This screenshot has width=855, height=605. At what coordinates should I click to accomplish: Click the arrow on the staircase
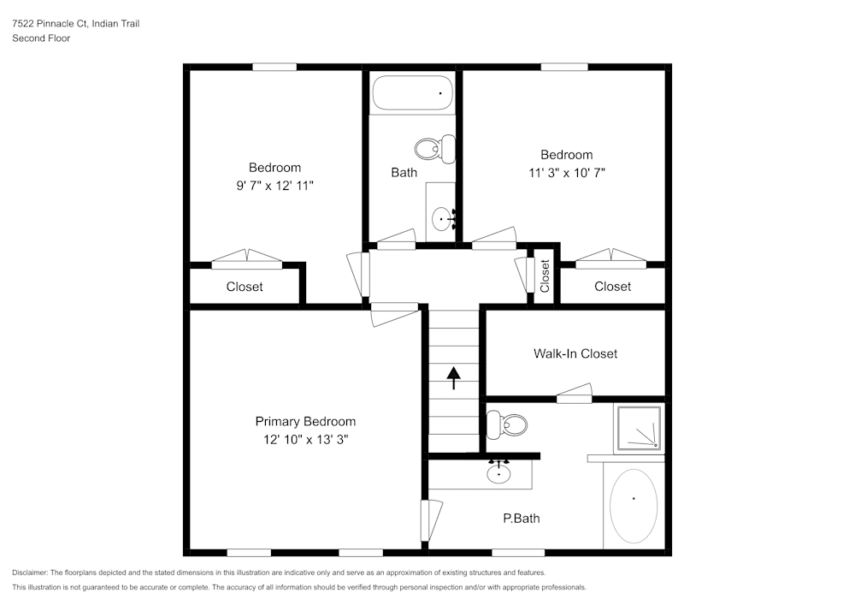453,377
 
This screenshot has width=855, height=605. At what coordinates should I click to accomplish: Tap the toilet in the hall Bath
435,150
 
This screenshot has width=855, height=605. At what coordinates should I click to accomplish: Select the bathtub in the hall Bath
412,93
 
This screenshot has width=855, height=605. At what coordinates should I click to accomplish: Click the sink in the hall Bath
442,219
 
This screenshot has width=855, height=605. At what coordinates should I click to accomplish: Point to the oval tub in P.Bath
633,507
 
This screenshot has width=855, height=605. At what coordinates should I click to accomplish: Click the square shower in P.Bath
638,427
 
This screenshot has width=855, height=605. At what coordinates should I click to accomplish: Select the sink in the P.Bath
498,472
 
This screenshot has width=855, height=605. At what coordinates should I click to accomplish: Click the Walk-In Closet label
575,353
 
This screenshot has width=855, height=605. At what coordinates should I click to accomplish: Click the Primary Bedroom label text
305,421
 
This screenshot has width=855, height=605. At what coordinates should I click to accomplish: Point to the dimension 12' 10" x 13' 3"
305,439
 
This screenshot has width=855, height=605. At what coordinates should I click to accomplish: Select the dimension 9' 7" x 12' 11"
274,185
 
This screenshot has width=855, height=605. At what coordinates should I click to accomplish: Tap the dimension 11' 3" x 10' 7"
566,172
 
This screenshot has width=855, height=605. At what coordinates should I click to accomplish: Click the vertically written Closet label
545,276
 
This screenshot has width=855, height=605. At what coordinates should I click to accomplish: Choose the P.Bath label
521,518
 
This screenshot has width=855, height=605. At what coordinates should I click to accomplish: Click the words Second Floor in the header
41,39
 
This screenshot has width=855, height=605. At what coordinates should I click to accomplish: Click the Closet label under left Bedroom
245,287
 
